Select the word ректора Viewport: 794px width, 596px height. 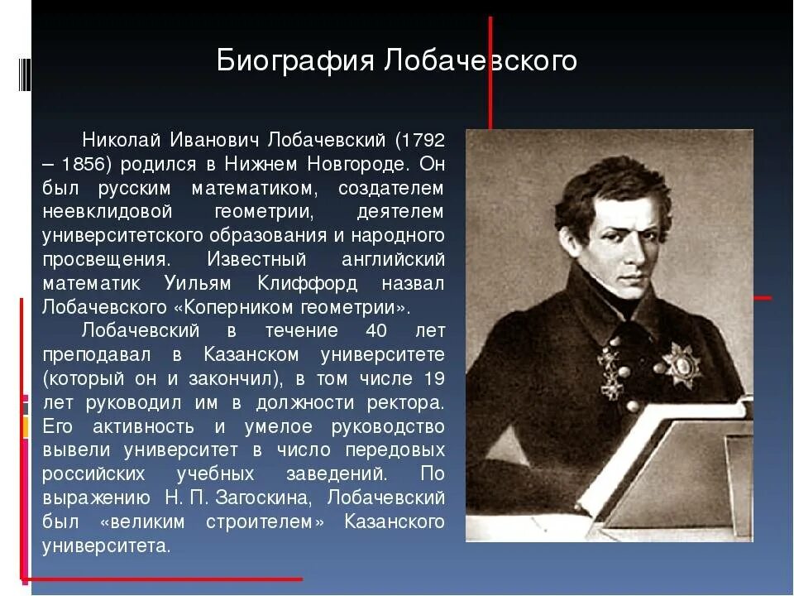pyautogui.click(x=406, y=404)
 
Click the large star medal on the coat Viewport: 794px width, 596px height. pyautogui.click(x=681, y=364)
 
